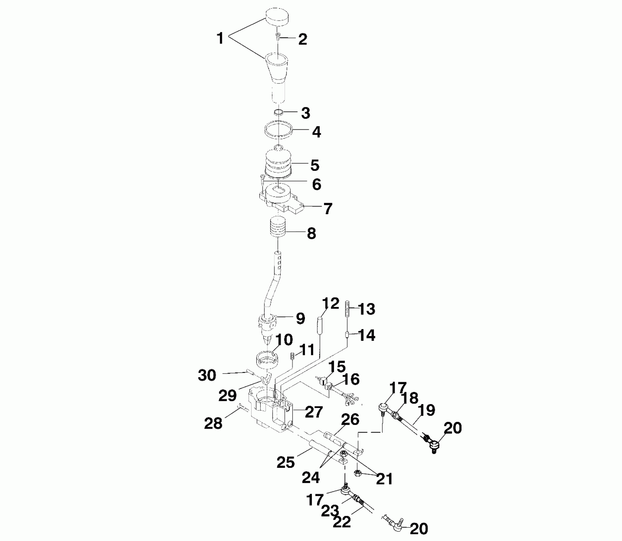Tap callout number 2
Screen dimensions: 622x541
302,39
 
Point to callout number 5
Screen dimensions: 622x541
315,165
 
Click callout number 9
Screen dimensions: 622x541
300,318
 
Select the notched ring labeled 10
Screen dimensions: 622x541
268,359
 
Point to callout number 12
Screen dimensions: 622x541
331,304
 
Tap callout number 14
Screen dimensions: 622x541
367,335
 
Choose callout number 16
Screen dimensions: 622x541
352,379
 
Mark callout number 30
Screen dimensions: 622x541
207,376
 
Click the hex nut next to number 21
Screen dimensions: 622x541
358,473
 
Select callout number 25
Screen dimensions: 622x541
286,462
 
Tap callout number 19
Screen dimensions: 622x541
427,411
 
